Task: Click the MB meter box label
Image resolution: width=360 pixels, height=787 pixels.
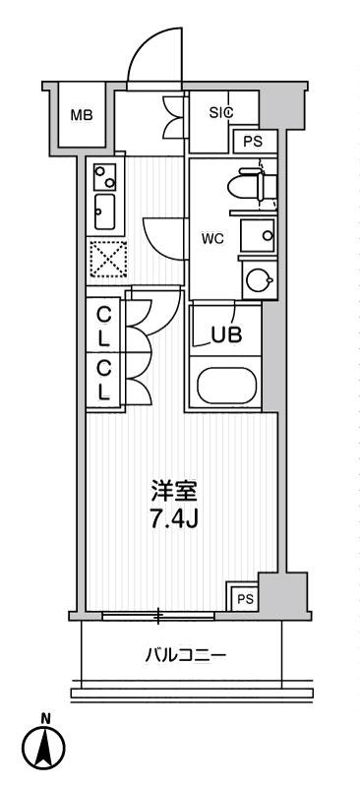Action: click(x=82, y=115)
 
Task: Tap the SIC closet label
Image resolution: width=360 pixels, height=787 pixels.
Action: click(x=221, y=113)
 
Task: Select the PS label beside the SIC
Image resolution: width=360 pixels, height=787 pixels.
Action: click(x=253, y=142)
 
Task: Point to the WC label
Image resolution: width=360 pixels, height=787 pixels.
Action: click(x=212, y=239)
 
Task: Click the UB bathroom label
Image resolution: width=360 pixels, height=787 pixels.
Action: click(x=226, y=334)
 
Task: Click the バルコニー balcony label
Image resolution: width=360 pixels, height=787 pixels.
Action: click(x=186, y=655)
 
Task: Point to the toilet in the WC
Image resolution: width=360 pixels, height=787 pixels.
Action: click(x=251, y=187)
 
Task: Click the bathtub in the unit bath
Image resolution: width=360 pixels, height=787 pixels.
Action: click(x=226, y=386)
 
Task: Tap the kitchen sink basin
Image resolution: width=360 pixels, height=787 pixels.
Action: click(x=104, y=212)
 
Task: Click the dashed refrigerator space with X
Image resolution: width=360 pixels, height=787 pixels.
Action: click(x=107, y=258)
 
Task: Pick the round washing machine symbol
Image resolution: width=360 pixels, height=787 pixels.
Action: click(x=258, y=280)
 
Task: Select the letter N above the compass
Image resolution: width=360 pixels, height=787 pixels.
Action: click(x=45, y=719)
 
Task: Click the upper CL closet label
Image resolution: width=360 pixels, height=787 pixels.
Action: click(x=103, y=327)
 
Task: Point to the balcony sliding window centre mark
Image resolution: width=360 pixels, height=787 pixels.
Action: click(x=158, y=616)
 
